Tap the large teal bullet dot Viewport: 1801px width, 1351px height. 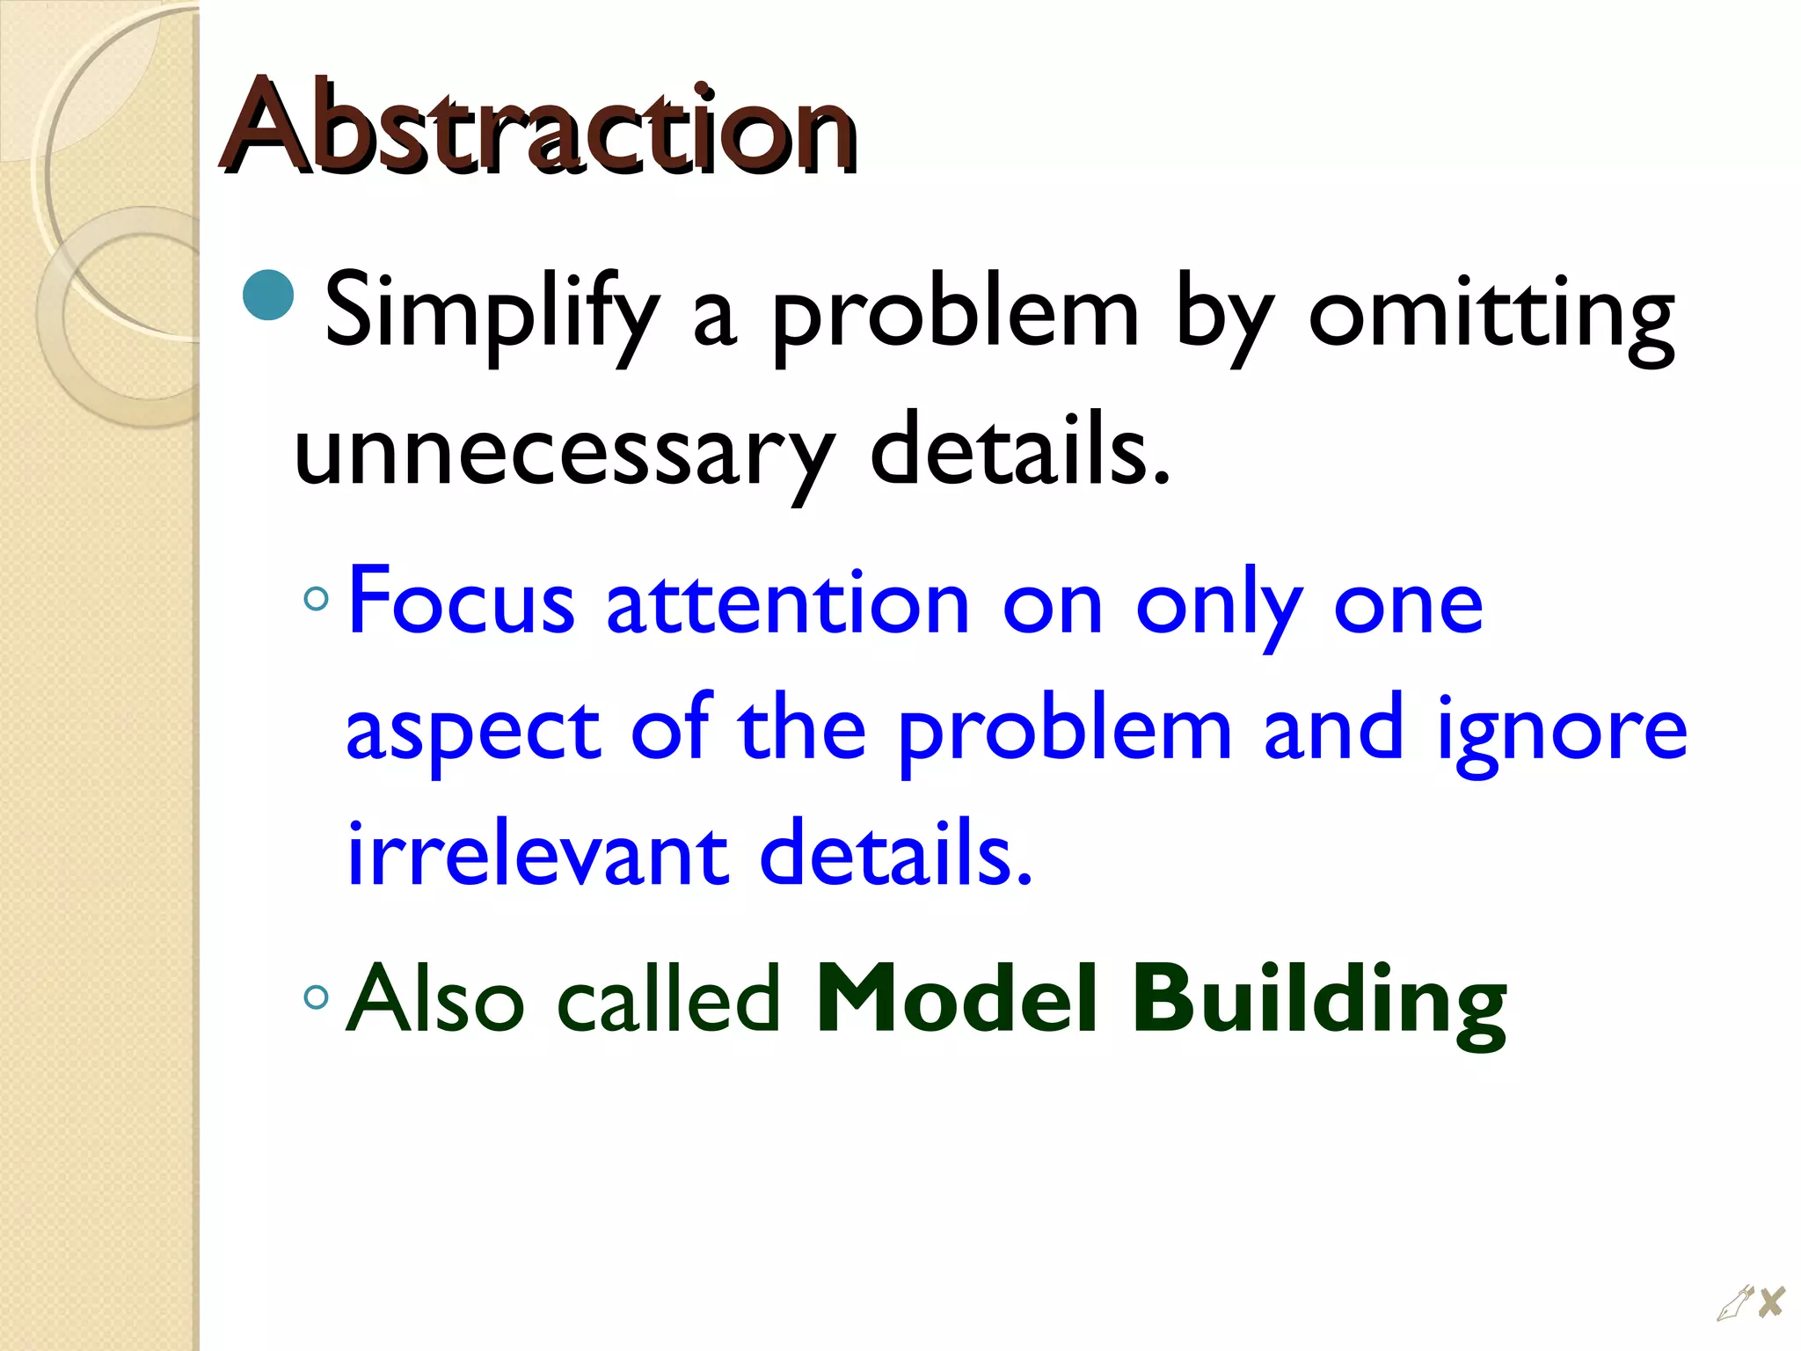268,295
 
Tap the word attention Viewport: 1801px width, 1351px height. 788,602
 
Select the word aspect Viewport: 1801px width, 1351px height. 473,730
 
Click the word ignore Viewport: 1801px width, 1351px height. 1562,730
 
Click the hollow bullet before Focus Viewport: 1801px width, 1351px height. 315,600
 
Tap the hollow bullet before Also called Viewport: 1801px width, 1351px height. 315,997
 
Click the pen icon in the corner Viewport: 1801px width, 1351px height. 1734,1303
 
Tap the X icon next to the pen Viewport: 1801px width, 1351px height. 1771,1301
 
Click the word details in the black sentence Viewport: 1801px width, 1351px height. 1020,454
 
